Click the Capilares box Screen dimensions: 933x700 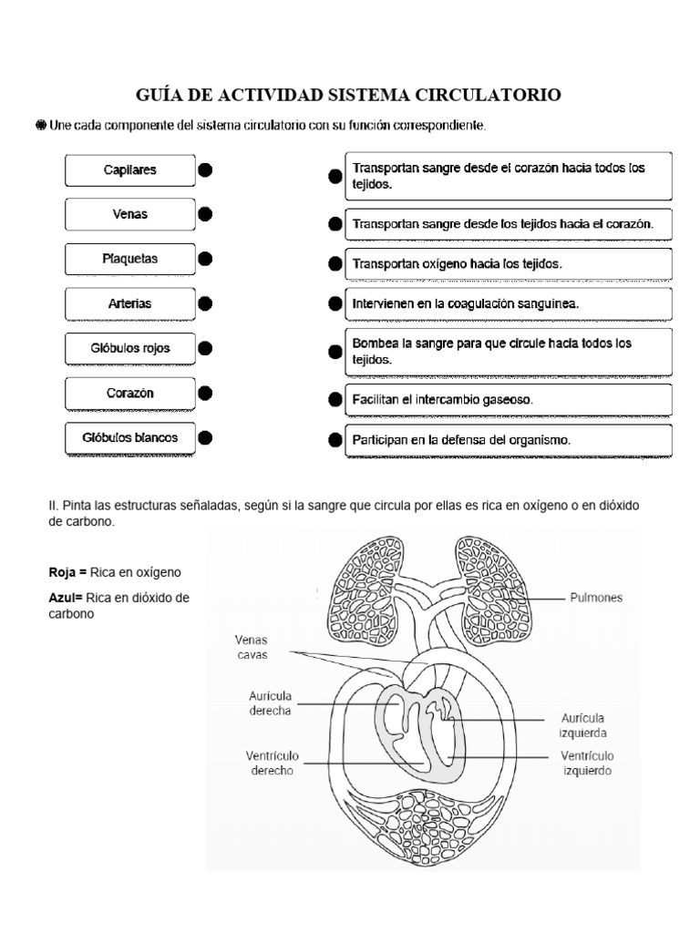pyautogui.click(x=130, y=170)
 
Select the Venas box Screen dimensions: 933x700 pyautogui.click(x=130, y=215)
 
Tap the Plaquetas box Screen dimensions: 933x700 pyautogui.click(x=130, y=259)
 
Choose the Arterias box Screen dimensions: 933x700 pyautogui.click(x=130, y=303)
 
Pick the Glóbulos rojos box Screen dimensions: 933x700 pyautogui.click(x=130, y=348)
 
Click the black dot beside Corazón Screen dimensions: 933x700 pyautogui.click(x=205, y=393)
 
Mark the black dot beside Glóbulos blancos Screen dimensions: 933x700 pyautogui.click(x=205, y=437)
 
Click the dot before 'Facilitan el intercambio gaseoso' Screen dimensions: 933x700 pyautogui.click(x=335, y=400)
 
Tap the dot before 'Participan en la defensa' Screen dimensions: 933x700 pyautogui.click(x=335, y=440)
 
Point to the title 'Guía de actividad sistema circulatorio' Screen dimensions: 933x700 pyautogui.click(x=348, y=95)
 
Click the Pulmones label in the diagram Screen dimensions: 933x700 pyautogui.click(x=596, y=600)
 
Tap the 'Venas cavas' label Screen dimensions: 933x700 pyautogui.click(x=251, y=648)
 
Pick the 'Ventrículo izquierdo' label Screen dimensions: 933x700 pyautogui.click(x=586, y=763)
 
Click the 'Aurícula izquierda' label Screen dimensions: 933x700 pyautogui.click(x=582, y=725)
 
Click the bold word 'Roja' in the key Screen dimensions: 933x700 pyautogui.click(x=63, y=572)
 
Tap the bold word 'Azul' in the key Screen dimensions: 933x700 pyautogui.click(x=63, y=598)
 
